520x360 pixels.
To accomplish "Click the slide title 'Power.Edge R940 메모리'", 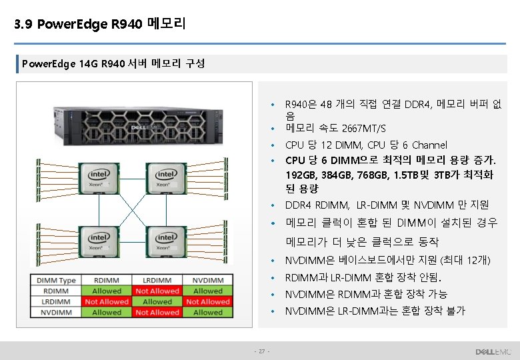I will pyautogui.click(x=100, y=25).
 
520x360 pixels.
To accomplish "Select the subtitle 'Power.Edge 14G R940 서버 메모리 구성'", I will pyautogui.click(x=113, y=65).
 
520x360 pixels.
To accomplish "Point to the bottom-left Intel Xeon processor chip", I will pyautogui.click(x=100, y=243).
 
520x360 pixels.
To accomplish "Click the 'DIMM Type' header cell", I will pyautogui.click(x=56, y=281).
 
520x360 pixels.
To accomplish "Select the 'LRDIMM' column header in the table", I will pyautogui.click(x=157, y=281).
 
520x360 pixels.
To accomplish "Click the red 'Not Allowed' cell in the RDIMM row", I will pyautogui.click(x=157, y=291).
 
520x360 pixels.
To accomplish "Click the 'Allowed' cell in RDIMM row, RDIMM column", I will pyautogui.click(x=107, y=291).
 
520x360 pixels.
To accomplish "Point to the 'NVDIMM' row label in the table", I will pyautogui.click(x=56, y=312).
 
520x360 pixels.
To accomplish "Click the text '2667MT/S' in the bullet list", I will pyautogui.click(x=363, y=129).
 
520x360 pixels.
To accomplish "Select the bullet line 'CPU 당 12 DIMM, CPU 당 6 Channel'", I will pyautogui.click(x=366, y=145).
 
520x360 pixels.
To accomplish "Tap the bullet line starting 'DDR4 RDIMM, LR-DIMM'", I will pyautogui.click(x=387, y=205).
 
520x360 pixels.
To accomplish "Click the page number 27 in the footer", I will pyautogui.click(x=262, y=351).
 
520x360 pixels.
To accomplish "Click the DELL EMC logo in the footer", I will pyautogui.click(x=493, y=351).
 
